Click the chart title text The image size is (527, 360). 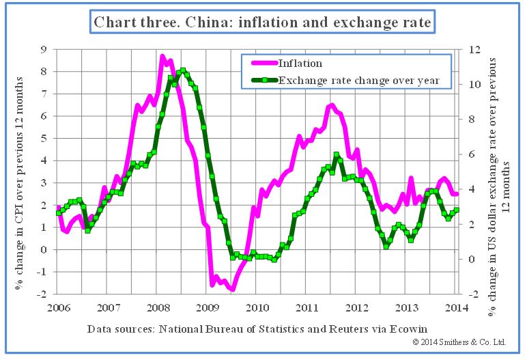[x=262, y=22]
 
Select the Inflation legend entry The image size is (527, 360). [x=300, y=64]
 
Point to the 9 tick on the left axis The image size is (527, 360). [x=44, y=49]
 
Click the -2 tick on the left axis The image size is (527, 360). [x=42, y=294]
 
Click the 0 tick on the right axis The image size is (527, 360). [x=470, y=259]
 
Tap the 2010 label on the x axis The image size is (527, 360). [x=257, y=307]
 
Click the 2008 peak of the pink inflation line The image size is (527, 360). [x=162, y=56]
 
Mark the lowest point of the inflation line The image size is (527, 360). [x=233, y=290]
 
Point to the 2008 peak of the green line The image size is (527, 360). [x=182, y=70]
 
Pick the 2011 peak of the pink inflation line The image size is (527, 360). [x=332, y=105]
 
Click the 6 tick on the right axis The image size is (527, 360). [x=470, y=154]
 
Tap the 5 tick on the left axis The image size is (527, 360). [x=44, y=138]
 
